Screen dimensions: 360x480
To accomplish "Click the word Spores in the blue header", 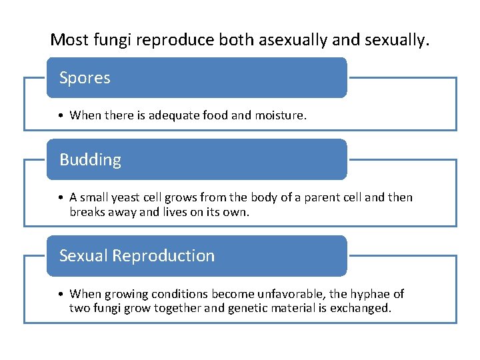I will pyautogui.click(x=85, y=78).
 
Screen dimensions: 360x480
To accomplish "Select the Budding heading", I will pyautogui.click(x=90, y=160).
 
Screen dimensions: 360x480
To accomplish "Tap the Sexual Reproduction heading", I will pyautogui.click(x=137, y=255).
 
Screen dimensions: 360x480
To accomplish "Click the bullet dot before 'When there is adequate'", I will pyautogui.click(x=61, y=116).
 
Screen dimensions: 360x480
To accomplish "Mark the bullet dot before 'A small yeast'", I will pyautogui.click(x=61, y=198).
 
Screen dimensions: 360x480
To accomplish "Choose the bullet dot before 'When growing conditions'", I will pyautogui.click(x=61, y=294).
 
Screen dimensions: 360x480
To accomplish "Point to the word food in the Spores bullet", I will pyautogui.click(x=215, y=115).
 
